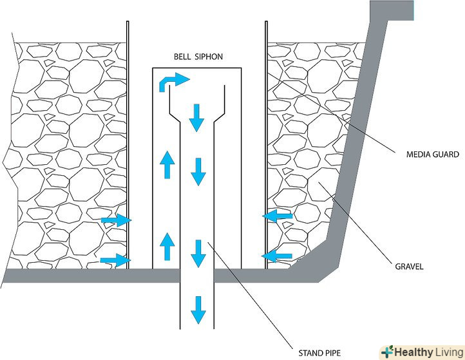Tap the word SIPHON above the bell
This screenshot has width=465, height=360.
[x=209, y=57]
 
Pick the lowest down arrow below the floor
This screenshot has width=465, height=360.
[x=198, y=311]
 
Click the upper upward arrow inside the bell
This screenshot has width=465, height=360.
[x=167, y=166]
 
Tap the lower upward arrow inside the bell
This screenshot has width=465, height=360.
[x=167, y=246]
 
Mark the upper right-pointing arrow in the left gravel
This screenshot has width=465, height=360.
[x=116, y=221]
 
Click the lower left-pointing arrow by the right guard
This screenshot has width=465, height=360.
[x=278, y=256]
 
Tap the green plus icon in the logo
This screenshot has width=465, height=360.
[x=386, y=352]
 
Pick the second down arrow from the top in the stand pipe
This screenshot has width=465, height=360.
[x=198, y=171]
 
